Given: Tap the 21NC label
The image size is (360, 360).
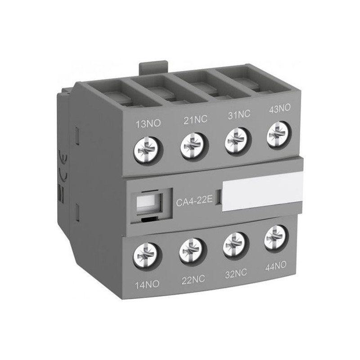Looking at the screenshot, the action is pos(195,119).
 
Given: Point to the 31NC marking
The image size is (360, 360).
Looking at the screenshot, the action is pos(239,114).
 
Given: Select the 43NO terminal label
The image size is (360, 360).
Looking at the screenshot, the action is pos(279,108).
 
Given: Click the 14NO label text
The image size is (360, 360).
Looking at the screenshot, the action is pos(147,285).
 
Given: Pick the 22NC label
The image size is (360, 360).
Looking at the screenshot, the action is pos(193,279).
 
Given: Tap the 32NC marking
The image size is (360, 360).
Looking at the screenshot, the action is pos(236,274).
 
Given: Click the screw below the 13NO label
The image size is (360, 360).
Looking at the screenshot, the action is pos(148,149).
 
